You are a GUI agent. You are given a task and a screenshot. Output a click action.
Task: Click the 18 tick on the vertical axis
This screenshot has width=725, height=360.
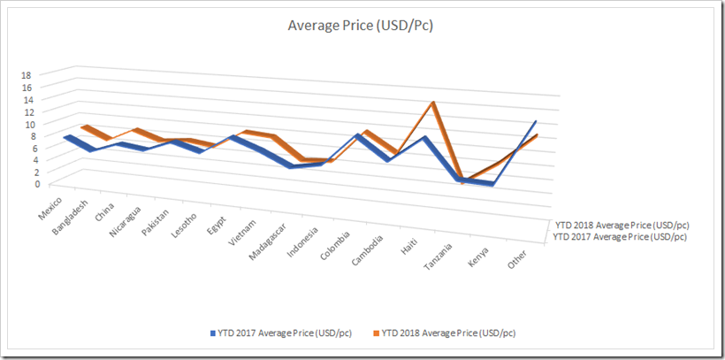pos(27,76)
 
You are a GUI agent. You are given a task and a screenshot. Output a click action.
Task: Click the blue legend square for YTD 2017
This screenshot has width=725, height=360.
pos(212,333)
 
